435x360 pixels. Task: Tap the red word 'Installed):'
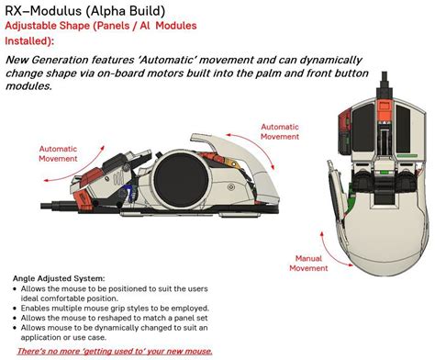(x=29, y=41)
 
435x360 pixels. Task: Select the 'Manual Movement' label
(x=308, y=264)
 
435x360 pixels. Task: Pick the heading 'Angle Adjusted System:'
(x=60, y=277)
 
